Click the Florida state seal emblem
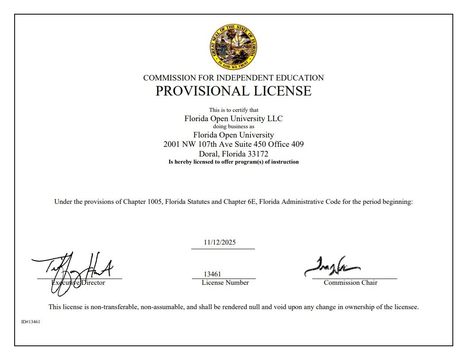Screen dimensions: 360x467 (233, 46)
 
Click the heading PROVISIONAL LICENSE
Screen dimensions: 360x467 (233, 91)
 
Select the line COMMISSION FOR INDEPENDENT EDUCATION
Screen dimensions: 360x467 (233, 78)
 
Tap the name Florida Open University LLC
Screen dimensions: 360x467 (233, 119)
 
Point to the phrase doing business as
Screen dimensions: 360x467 (233, 126)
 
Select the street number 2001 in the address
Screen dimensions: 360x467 (171, 144)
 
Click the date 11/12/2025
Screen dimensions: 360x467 (220, 242)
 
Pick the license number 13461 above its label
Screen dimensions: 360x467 (212, 274)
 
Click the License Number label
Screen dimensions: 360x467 (225, 283)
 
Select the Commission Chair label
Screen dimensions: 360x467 (351, 283)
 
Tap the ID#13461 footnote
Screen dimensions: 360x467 (31, 322)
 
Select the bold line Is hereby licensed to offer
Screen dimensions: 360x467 (233, 162)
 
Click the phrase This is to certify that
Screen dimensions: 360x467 (234, 110)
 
